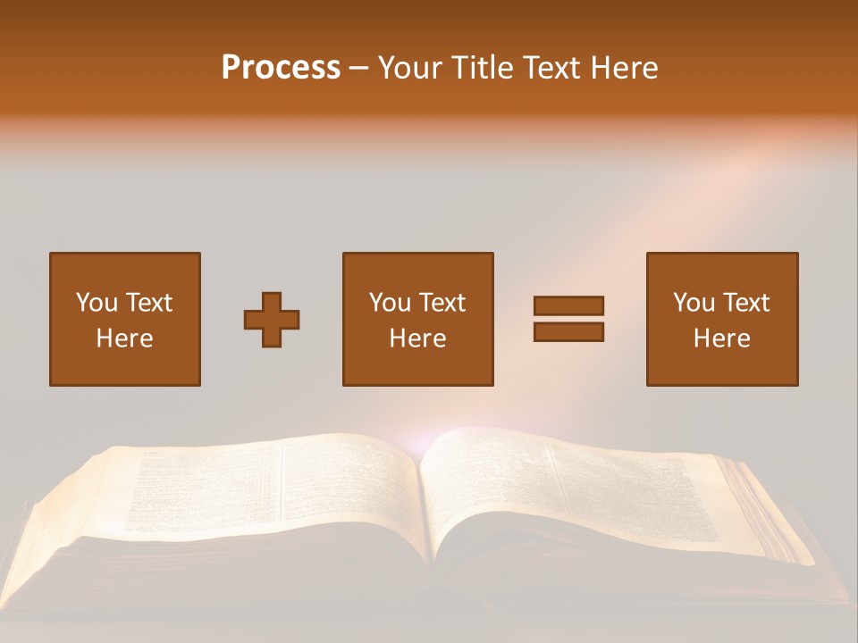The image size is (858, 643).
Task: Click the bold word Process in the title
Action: tap(281, 68)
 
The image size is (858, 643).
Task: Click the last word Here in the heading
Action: tap(627, 68)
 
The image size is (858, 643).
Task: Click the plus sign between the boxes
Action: tap(272, 320)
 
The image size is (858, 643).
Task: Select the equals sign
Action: tap(568, 319)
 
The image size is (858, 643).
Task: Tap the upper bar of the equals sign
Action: tap(568, 305)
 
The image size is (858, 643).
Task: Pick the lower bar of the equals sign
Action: tap(568, 332)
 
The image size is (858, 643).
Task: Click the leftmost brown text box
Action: tap(125, 319)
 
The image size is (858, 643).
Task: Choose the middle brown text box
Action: tap(417, 319)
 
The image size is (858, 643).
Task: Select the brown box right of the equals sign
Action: tap(721, 319)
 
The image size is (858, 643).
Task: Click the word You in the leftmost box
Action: tap(96, 303)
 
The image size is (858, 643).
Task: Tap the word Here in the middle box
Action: tap(417, 338)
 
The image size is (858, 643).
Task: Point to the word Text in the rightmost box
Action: tap(745, 303)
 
